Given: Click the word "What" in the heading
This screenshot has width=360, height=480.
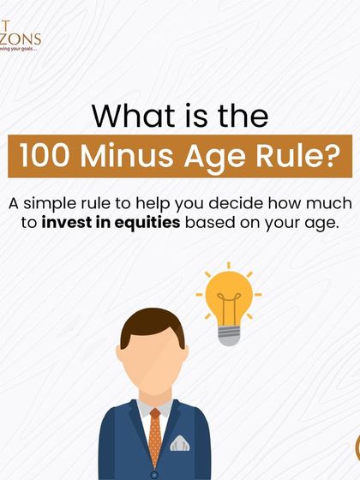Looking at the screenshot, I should click(128, 115).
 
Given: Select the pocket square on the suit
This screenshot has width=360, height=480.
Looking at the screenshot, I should click(180, 444).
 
